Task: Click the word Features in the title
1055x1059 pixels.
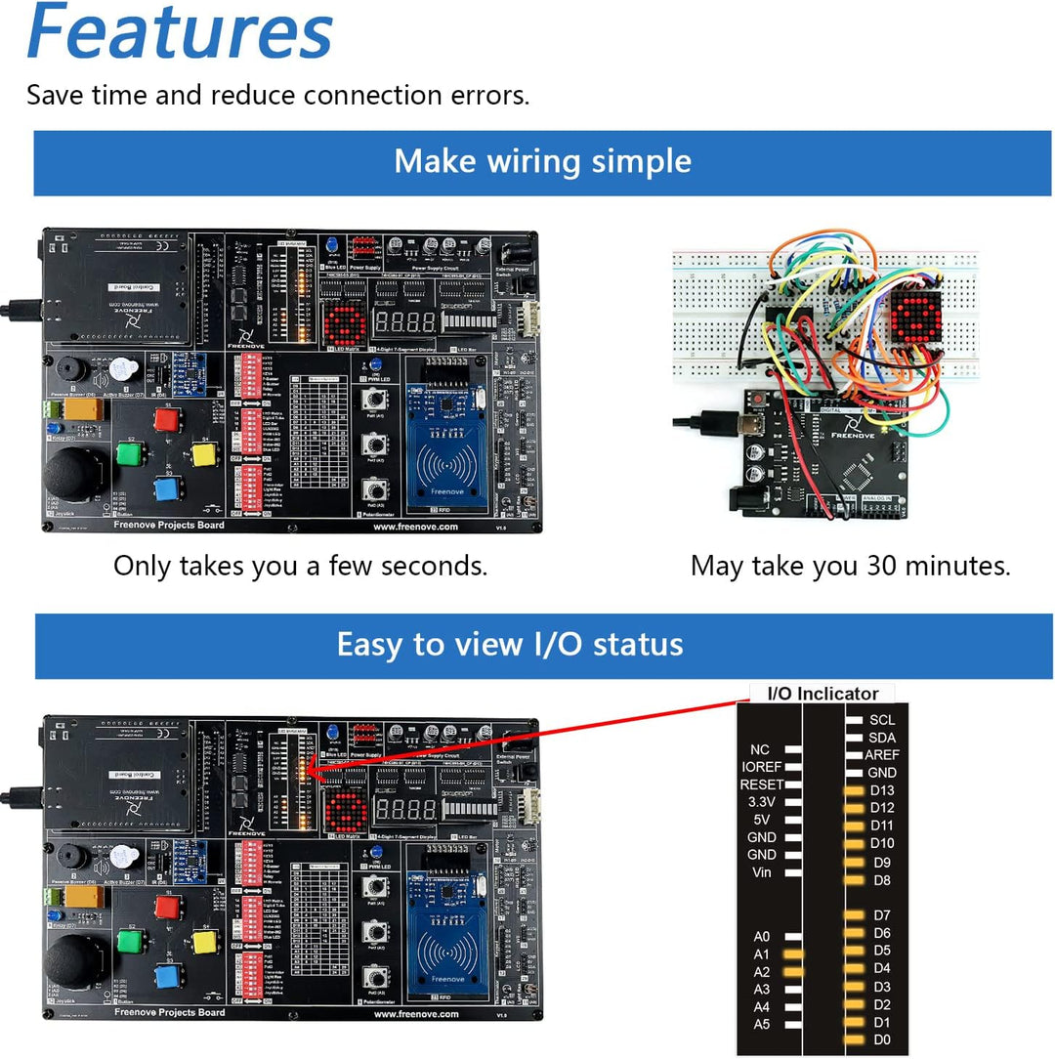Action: tap(180, 33)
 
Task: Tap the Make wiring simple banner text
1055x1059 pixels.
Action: tap(542, 161)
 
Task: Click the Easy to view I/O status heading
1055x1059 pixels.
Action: tap(509, 645)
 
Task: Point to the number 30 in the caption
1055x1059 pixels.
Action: tap(883, 565)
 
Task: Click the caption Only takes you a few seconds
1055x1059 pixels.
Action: tap(300, 565)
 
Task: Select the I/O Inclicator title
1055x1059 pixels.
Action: tap(823, 694)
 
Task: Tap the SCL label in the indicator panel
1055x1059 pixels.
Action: tap(881, 720)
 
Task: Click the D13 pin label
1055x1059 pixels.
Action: tap(881, 790)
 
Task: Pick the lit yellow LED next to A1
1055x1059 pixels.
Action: tap(792, 953)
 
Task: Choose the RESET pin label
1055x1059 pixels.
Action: tap(761, 784)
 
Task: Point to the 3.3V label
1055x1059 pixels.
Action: tap(762, 802)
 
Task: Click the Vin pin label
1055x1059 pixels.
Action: tap(762, 872)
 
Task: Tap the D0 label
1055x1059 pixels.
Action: tap(881, 1040)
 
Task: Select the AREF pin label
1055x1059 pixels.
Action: tap(882, 755)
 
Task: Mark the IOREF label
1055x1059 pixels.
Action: tap(760, 767)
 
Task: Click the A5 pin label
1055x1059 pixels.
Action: tap(762, 1024)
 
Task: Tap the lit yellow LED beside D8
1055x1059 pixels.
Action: tap(855, 880)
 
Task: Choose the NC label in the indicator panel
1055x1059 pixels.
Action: tap(760, 749)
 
